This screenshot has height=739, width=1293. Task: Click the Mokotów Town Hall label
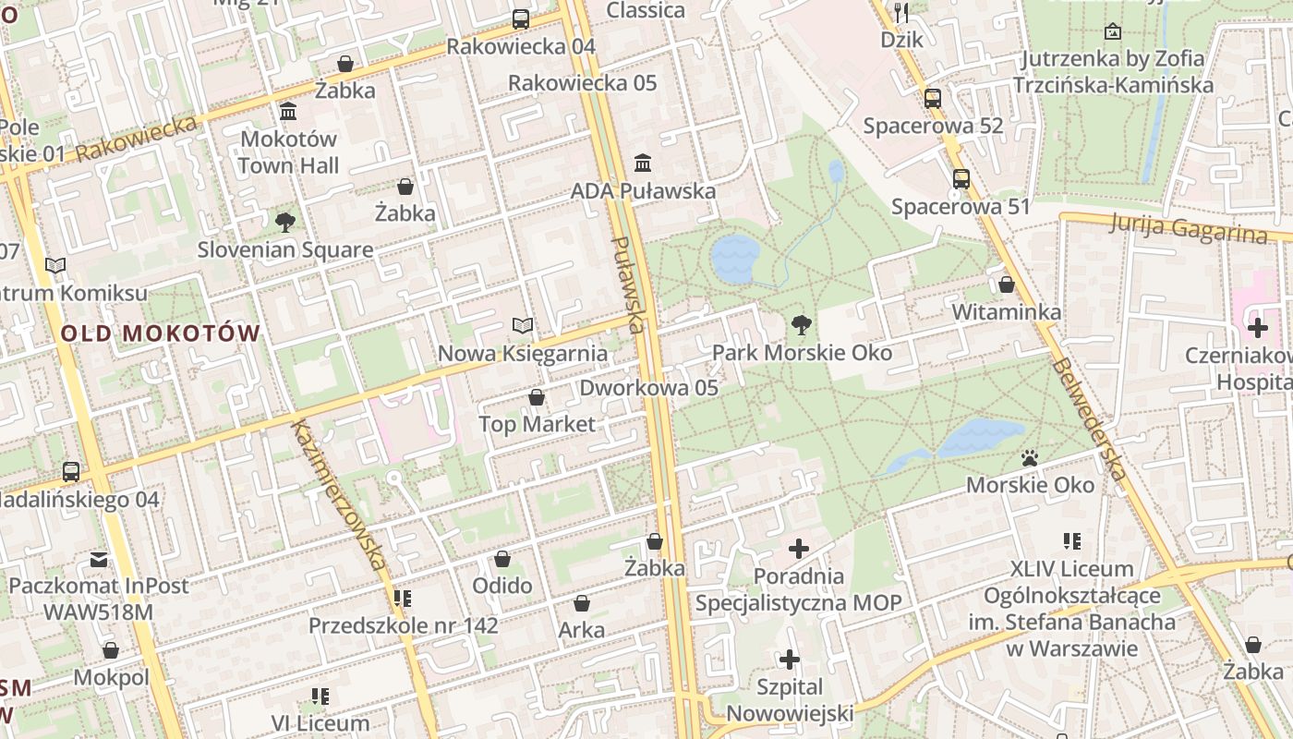coord(288,152)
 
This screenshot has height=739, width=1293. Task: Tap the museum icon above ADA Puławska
coord(643,164)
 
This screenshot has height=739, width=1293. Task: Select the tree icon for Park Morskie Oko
coord(802,324)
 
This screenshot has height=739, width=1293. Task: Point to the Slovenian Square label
coord(285,249)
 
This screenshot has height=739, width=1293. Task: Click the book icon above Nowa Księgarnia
coord(523,325)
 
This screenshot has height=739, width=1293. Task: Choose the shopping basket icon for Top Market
coord(537,397)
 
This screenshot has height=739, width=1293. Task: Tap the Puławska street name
coord(627,285)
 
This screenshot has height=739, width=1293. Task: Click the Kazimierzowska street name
coord(338,493)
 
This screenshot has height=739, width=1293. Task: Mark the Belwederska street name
coord(1089,418)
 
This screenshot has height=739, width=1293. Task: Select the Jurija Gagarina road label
coord(1189,227)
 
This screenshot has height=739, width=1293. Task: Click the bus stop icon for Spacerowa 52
coord(933,98)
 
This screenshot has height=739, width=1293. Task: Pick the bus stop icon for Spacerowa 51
coord(961,178)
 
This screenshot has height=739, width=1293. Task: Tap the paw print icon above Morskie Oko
coord(1030,457)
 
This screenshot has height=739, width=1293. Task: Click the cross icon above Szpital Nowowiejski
coord(790,660)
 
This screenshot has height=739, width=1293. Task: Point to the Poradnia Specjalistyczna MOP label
coord(798,589)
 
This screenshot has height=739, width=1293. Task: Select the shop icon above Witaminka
coord(1007,285)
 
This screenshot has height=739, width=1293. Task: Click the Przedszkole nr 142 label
coord(403,625)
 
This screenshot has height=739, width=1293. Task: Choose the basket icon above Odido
coord(502,559)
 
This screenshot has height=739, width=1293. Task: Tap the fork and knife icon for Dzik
coord(901,12)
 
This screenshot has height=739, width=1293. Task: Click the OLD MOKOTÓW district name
coord(161,333)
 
